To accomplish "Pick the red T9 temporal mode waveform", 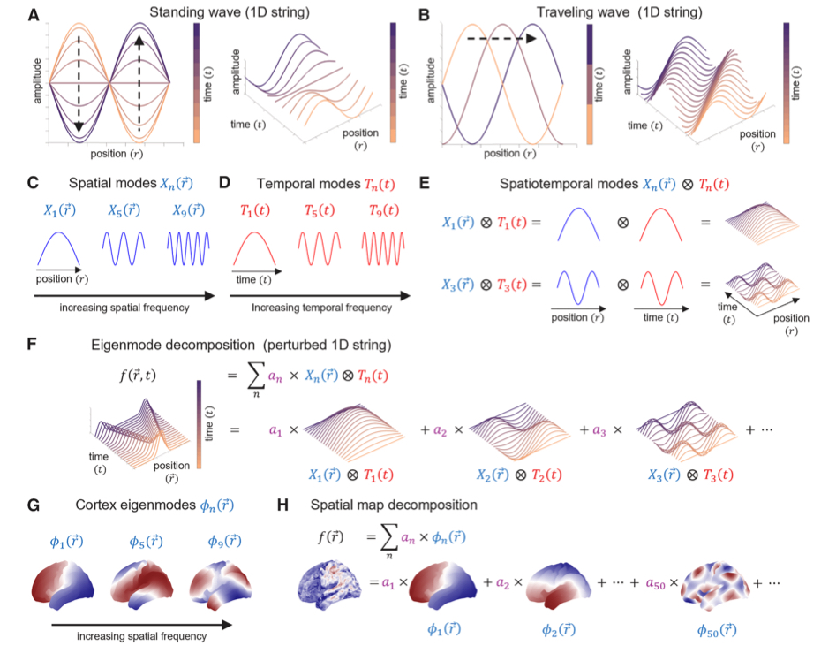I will tap(382, 247).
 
